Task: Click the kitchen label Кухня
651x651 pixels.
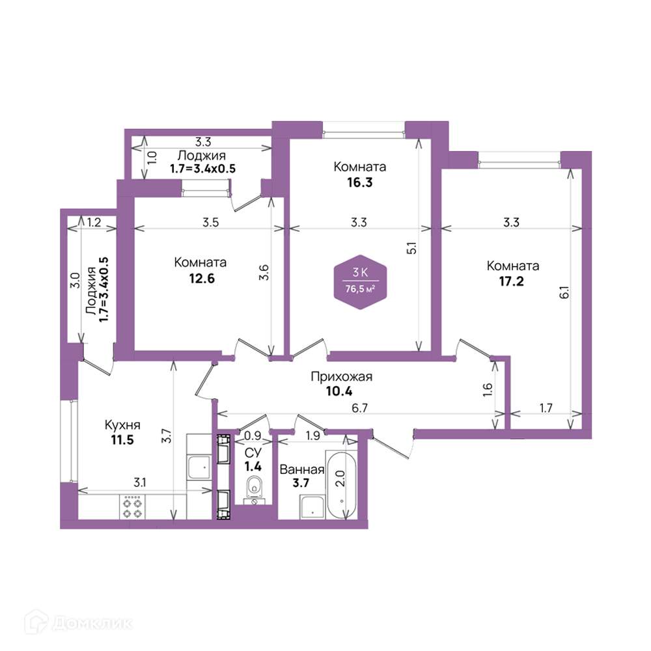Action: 122,424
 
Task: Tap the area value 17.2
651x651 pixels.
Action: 511,281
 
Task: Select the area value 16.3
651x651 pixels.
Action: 359,182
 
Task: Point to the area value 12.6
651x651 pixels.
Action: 202,278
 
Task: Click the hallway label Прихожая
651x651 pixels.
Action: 341,376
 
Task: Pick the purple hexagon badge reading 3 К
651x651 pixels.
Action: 361,283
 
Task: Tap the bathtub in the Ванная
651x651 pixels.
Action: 341,484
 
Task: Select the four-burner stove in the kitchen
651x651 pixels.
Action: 132,506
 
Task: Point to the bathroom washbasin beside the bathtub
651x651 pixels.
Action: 312,507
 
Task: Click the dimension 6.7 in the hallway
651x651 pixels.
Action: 359,408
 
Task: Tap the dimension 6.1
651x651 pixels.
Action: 564,292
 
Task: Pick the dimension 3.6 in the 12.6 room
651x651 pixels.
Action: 264,272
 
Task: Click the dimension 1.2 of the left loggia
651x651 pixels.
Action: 94,222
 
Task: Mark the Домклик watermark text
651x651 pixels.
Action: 92,623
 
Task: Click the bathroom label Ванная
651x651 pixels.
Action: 302,469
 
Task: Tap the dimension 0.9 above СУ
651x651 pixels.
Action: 253,435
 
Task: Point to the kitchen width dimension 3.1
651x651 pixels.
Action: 139,482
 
